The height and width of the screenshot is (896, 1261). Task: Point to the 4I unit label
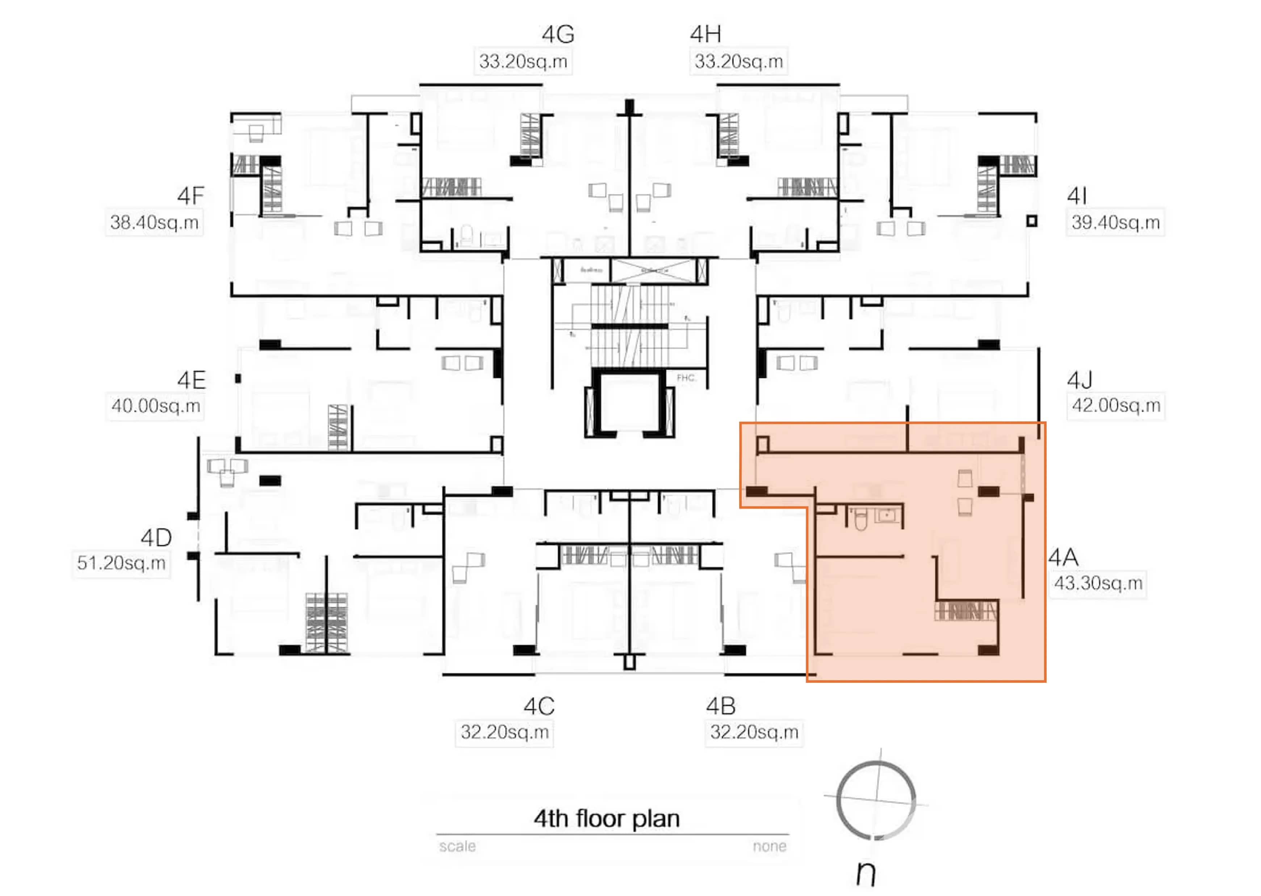tap(1076, 196)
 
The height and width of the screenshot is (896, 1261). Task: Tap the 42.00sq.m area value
tap(1115, 405)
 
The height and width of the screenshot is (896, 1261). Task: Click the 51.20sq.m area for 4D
tap(121, 563)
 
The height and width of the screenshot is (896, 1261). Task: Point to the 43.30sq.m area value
tap(1098, 583)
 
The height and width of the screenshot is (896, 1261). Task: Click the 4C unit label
tap(538, 706)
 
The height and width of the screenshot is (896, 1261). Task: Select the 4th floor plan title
tap(606, 819)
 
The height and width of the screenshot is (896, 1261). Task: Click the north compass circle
tap(875, 799)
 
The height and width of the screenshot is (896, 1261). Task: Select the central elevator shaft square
tap(629, 403)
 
